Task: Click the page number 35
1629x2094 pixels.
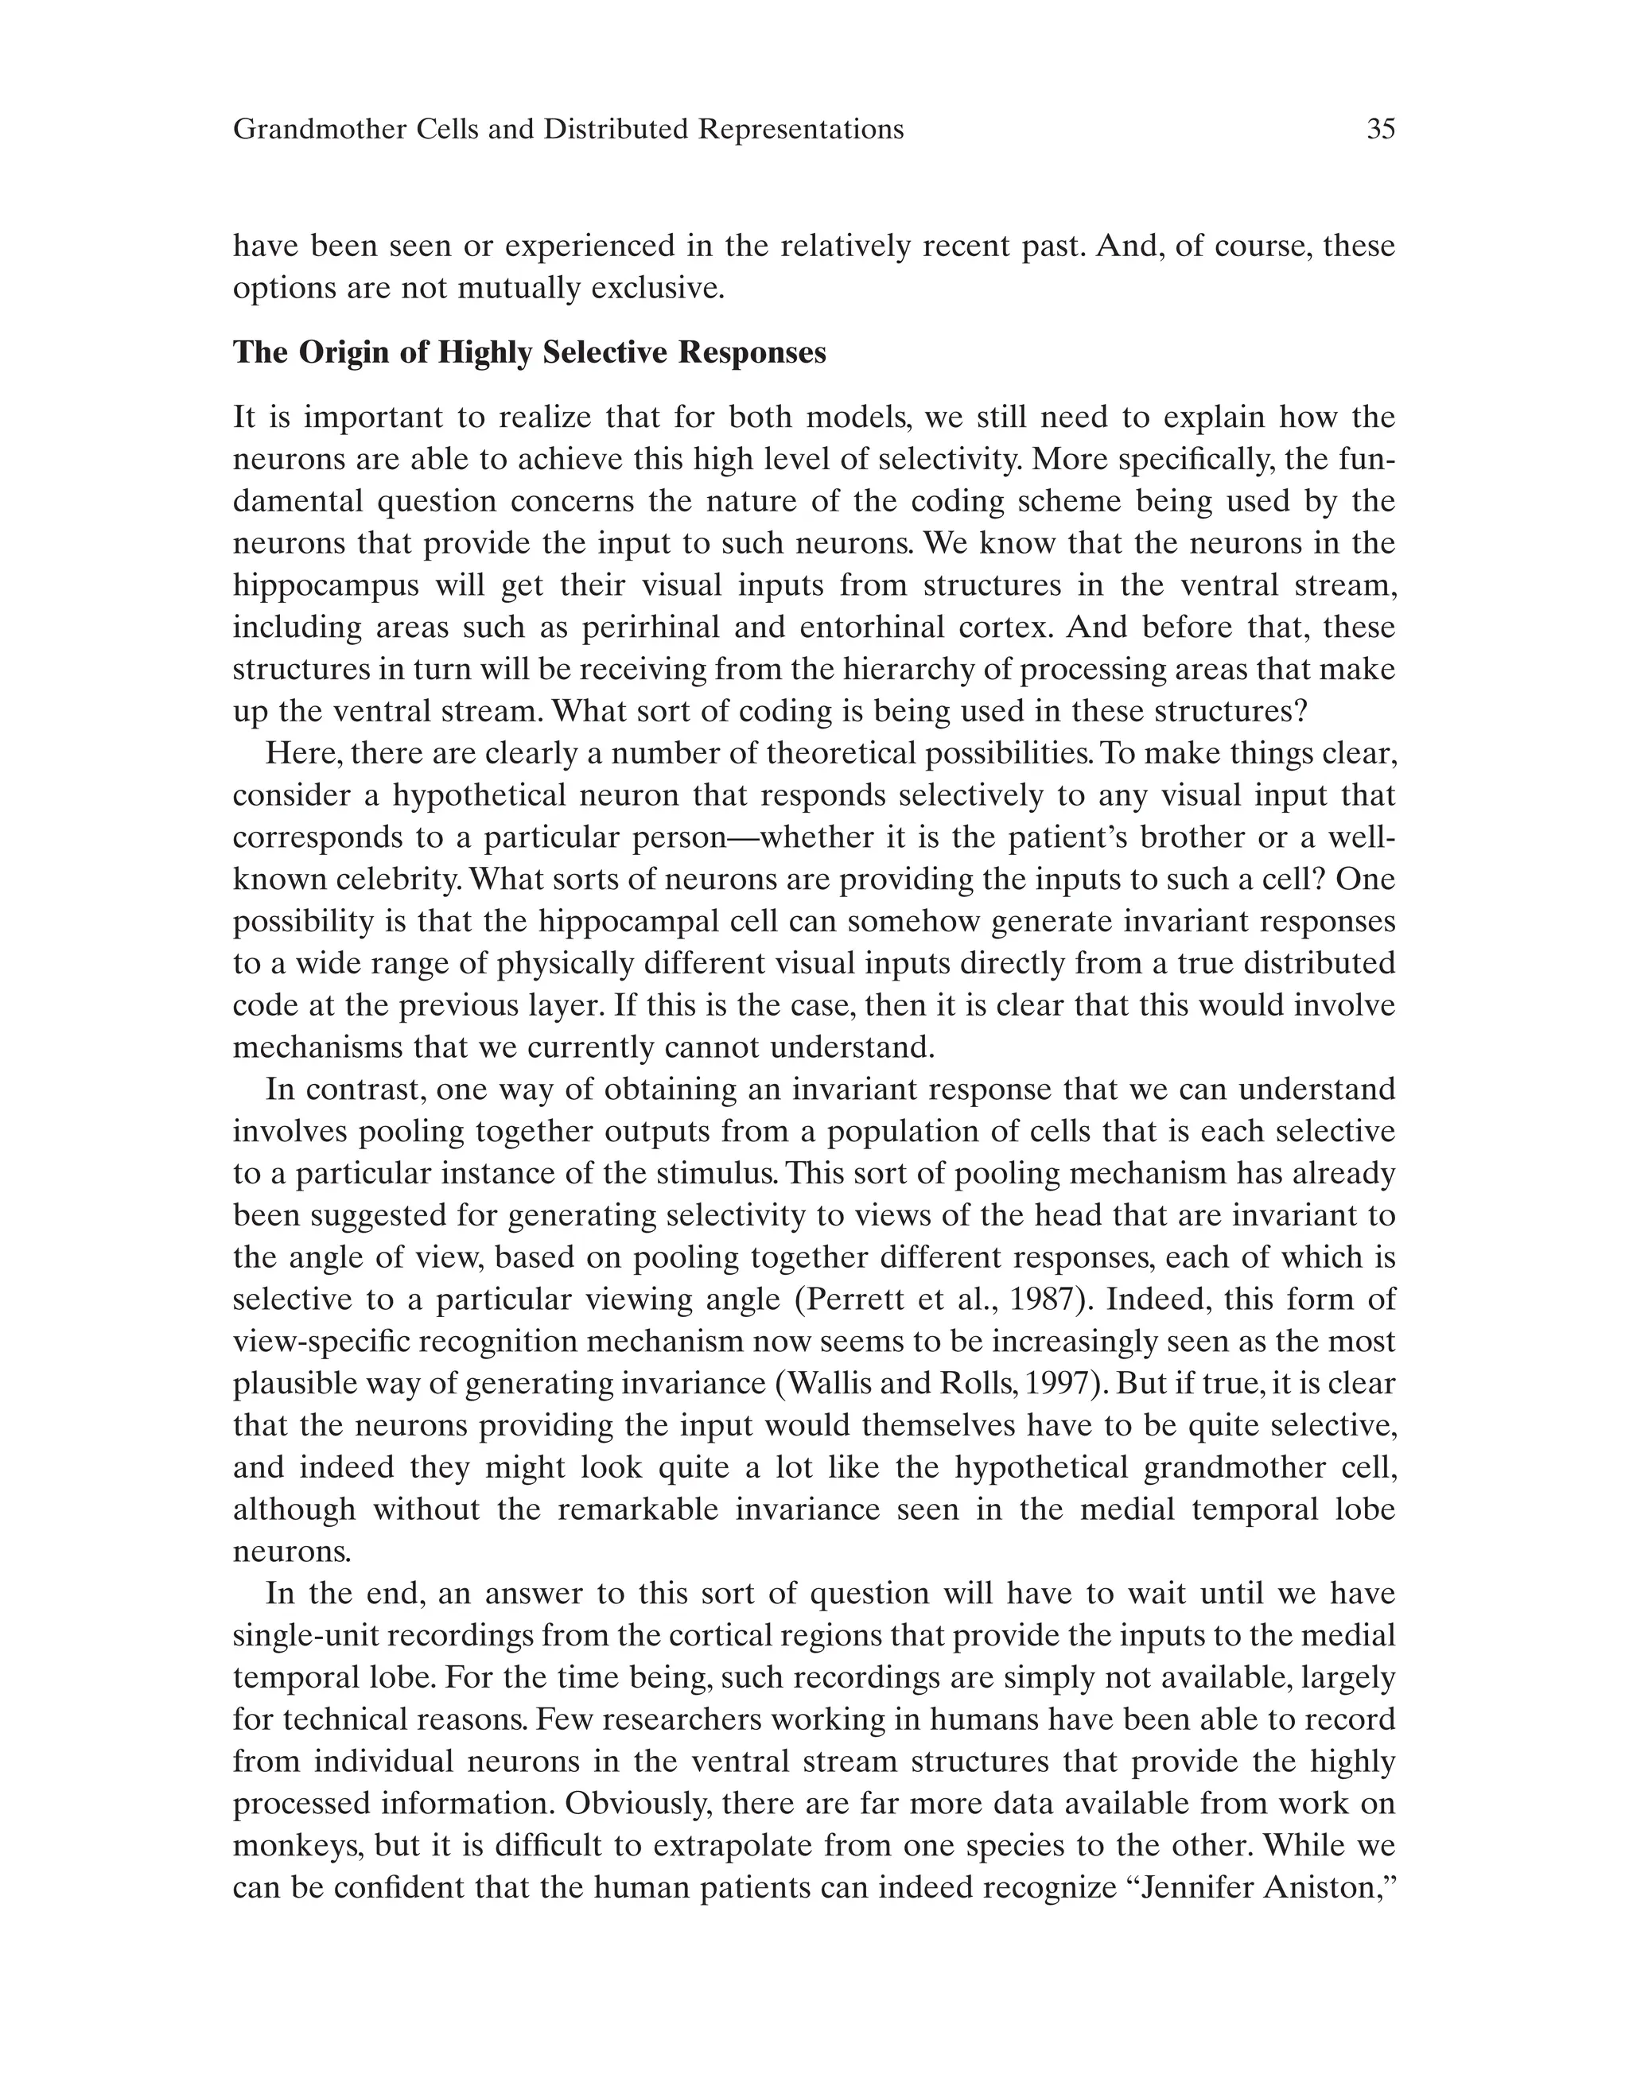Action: (1381, 130)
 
